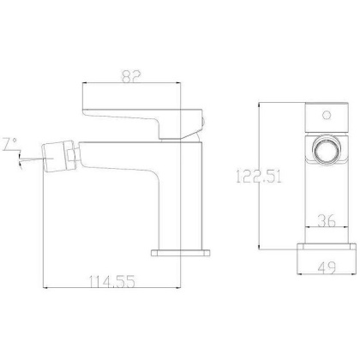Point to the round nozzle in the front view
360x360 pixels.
(325, 151)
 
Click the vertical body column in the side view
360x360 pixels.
(174, 197)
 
